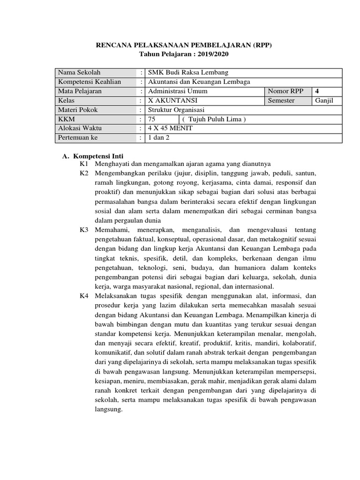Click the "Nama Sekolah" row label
click(x=79, y=73)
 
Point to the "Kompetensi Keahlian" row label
click(x=89, y=82)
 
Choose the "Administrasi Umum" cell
click(x=178, y=91)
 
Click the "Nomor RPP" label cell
click(x=286, y=91)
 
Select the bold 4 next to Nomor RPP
click(x=317, y=91)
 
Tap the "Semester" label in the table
click(x=281, y=101)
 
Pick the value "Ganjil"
click(x=324, y=101)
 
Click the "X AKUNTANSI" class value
click(x=172, y=101)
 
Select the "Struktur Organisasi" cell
click(x=176, y=110)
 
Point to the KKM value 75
click(x=152, y=120)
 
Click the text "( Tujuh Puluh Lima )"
click(x=214, y=120)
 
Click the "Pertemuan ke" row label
click(x=77, y=138)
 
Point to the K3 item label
click(x=84, y=230)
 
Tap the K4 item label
click(x=84, y=296)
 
